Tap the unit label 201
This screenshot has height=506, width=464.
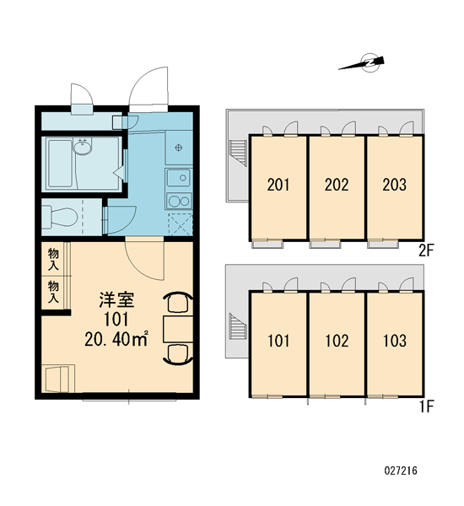click(x=278, y=185)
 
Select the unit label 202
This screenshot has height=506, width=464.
click(x=337, y=185)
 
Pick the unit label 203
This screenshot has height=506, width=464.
click(x=394, y=185)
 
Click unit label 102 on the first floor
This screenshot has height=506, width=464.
click(x=337, y=341)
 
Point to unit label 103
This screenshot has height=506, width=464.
click(x=394, y=341)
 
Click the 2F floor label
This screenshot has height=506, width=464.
click(x=426, y=250)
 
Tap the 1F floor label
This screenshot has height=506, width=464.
click(x=426, y=406)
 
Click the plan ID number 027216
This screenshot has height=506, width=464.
click(x=401, y=471)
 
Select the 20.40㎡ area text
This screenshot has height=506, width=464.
click(x=116, y=338)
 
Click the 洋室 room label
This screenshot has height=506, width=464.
click(x=116, y=299)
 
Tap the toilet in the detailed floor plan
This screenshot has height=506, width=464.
click(x=60, y=217)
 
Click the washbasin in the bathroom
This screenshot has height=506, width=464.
click(x=82, y=146)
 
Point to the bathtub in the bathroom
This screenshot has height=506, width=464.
click(x=61, y=164)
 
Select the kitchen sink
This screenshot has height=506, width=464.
click(x=179, y=178)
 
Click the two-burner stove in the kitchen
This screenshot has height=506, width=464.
click(x=179, y=202)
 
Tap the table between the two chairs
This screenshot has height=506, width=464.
click(x=178, y=329)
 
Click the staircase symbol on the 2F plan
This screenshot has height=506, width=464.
click(x=238, y=153)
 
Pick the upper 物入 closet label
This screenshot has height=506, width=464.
click(x=53, y=259)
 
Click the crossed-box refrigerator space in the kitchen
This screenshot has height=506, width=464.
click(x=181, y=223)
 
